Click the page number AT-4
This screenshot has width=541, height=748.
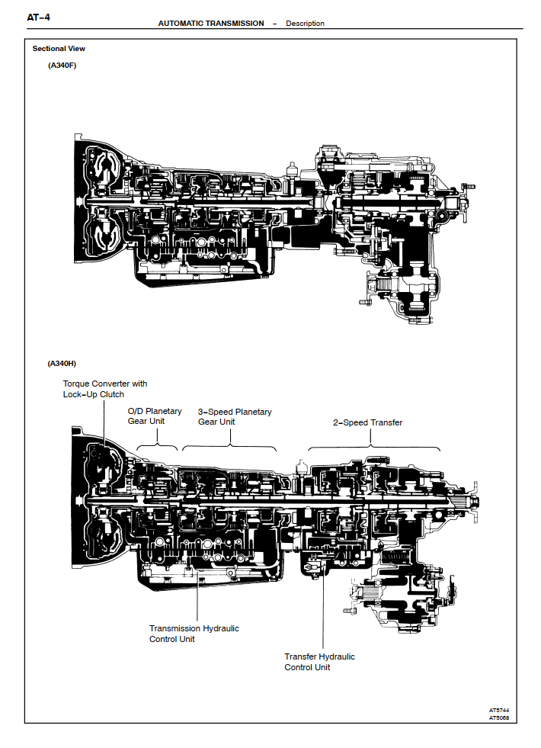click(38, 17)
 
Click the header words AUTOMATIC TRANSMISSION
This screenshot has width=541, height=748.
click(211, 24)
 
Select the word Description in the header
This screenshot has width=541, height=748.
click(305, 24)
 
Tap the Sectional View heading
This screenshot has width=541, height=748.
click(59, 49)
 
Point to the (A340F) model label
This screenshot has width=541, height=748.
click(62, 66)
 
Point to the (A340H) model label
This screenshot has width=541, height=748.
click(62, 364)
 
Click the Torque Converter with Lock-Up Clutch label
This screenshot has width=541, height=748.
click(104, 389)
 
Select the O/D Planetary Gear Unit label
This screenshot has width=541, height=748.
click(155, 416)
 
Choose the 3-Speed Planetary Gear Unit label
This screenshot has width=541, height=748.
click(234, 416)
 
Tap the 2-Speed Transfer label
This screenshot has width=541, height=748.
click(367, 422)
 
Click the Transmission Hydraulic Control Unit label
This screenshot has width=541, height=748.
click(194, 634)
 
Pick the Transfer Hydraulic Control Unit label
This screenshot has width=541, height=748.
click(319, 662)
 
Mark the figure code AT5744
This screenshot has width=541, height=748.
click(499, 710)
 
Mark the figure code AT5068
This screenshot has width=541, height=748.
click(499, 718)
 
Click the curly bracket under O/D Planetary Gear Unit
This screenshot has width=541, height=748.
click(156, 445)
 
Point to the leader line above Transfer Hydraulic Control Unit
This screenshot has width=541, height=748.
click(322, 610)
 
